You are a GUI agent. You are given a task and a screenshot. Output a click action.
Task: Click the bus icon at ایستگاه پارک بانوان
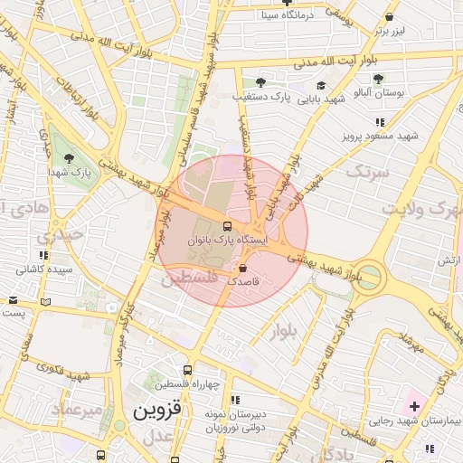coord(226,226)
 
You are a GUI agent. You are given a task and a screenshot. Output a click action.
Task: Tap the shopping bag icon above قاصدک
coord(242,269)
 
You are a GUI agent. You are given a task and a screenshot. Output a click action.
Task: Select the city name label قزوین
coord(157,409)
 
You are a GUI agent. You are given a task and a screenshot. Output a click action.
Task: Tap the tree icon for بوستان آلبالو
coord(378,80)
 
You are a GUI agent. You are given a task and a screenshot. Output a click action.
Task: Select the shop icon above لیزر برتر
coord(389,16)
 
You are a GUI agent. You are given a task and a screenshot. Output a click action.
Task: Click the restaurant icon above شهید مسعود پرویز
coord(380,122)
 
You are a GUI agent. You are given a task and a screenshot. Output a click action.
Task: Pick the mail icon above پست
coord(13,300)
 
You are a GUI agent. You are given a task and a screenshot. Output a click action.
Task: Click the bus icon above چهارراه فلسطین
coord(187,370)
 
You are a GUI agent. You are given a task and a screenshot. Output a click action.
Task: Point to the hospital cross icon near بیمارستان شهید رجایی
coord(413,406)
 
